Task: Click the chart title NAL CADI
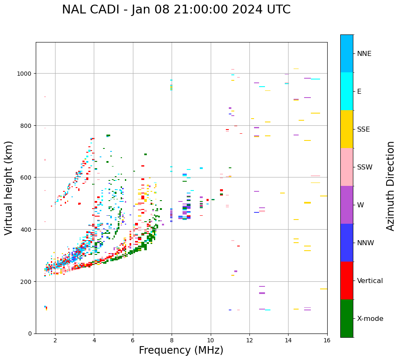click(x=176, y=10)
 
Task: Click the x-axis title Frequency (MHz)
click(x=181, y=350)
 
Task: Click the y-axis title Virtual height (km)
click(x=9, y=188)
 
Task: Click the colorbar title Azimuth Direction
click(x=391, y=186)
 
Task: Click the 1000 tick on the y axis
click(x=26, y=74)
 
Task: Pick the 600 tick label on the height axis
click(x=27, y=177)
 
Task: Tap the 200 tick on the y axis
click(x=27, y=281)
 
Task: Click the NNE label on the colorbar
click(x=364, y=53)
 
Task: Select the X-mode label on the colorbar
click(x=370, y=318)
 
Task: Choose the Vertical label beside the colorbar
click(x=370, y=281)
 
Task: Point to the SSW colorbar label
click(x=365, y=167)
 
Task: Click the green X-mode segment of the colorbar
click(x=347, y=318)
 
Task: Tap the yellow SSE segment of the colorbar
click(x=347, y=129)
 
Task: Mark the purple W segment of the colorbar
click(x=347, y=205)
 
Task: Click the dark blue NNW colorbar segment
click(x=347, y=243)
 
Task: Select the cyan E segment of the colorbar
click(x=347, y=91)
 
